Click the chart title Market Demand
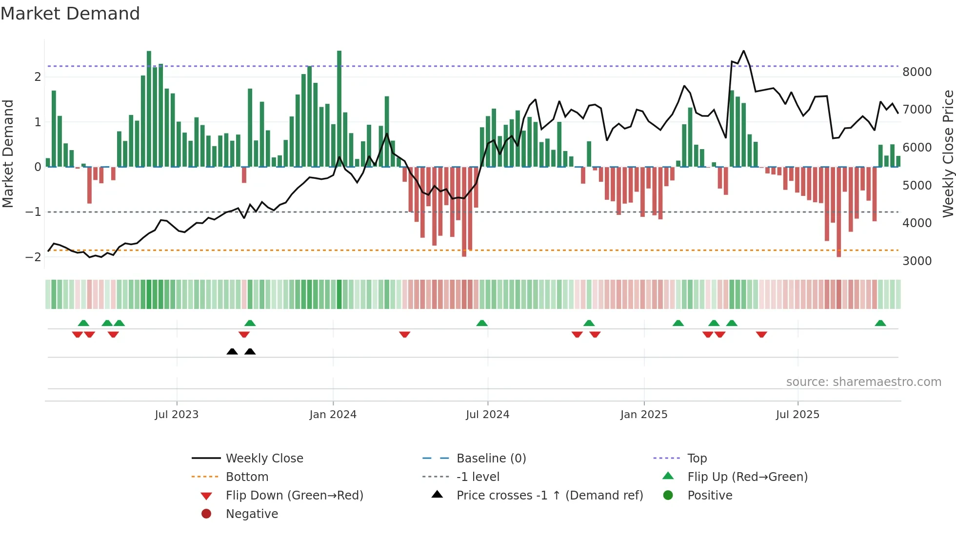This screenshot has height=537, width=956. (x=70, y=14)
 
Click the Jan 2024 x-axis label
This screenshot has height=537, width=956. (x=333, y=415)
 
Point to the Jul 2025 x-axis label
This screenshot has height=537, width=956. (x=797, y=415)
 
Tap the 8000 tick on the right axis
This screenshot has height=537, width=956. (x=917, y=72)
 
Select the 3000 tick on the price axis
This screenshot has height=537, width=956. (x=917, y=261)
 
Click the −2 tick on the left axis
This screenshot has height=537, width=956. (x=33, y=257)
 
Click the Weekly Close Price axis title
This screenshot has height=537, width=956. (x=948, y=153)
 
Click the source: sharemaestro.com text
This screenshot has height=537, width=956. (x=863, y=382)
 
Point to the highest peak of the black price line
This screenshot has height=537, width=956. (x=743, y=51)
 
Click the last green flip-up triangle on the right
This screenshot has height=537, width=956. (x=880, y=323)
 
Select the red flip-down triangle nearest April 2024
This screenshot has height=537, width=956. (x=404, y=334)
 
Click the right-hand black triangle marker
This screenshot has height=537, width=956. (x=250, y=351)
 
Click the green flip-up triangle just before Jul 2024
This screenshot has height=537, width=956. (x=482, y=323)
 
